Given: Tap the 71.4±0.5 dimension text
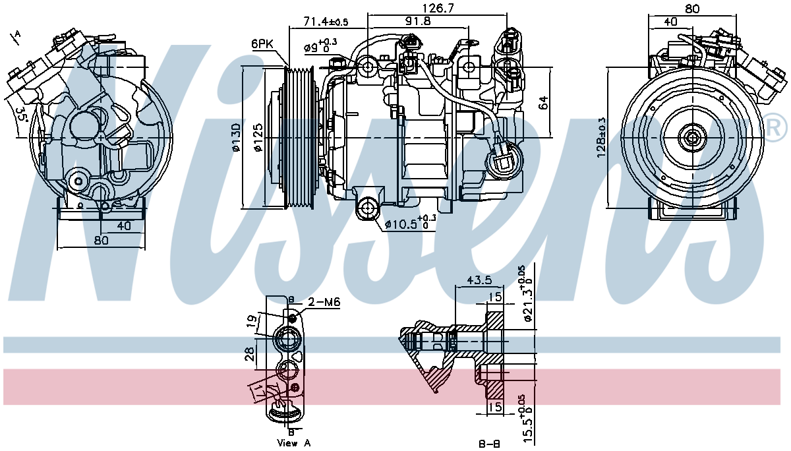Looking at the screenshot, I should [326, 22].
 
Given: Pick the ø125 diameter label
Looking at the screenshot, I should [259, 138].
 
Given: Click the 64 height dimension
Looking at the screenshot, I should [543, 103].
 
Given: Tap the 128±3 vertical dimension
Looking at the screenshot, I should [601, 137].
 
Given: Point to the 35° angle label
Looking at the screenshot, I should [20, 117].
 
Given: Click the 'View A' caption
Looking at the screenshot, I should [294, 442].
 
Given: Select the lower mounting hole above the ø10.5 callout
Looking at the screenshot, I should [367, 208].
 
